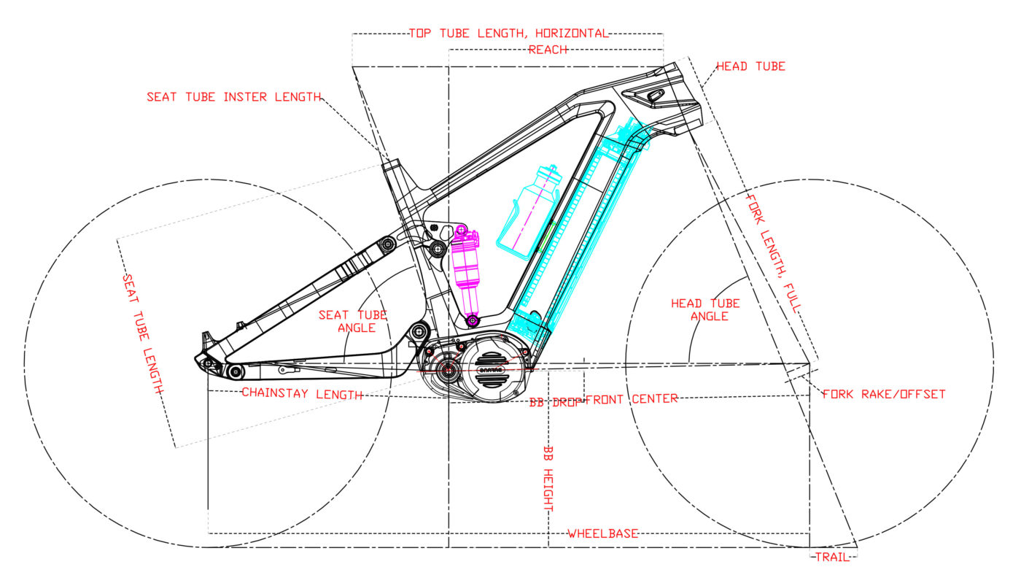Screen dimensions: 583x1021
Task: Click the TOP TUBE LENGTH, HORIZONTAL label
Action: [x=508, y=34]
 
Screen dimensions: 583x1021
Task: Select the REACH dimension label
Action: [x=548, y=50]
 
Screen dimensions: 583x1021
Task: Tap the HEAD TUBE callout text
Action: [x=750, y=66]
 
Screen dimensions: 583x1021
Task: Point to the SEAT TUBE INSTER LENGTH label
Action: [x=233, y=97]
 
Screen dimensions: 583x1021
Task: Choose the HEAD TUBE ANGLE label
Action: [x=705, y=309]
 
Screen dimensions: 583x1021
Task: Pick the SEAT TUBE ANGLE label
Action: [x=352, y=321]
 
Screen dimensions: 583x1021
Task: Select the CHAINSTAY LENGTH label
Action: [x=302, y=395]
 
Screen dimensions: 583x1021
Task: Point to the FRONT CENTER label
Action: [x=632, y=399]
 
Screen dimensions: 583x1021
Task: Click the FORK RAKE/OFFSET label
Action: [x=884, y=394]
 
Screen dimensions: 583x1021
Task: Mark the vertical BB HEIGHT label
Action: [x=548, y=479]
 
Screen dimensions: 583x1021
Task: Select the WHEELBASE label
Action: [x=603, y=534]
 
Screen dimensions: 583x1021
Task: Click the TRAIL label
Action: [x=833, y=557]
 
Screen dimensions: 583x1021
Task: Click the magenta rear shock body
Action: [x=466, y=266]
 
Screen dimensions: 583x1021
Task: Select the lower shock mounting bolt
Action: [x=473, y=320]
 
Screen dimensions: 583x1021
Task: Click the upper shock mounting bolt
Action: [x=462, y=233]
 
